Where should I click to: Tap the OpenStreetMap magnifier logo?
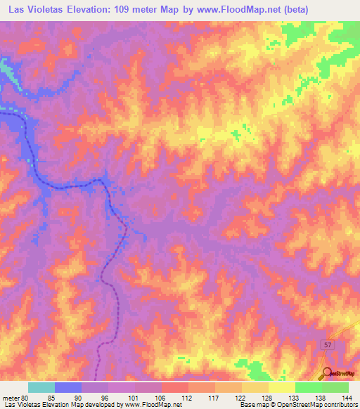pyautogui.click(x=328, y=374)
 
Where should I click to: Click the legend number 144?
pyautogui.click(x=345, y=397)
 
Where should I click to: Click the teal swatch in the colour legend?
pyautogui.click(x=41, y=387)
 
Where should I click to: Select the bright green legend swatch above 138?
pyautogui.click(x=308, y=387)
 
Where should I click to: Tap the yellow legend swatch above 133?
pyautogui.click(x=281, y=387)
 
